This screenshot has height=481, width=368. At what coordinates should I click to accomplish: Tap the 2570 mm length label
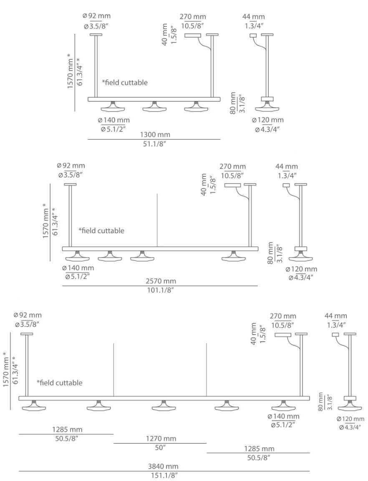pyautogui.click(x=161, y=282)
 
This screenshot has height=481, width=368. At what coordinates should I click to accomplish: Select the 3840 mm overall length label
pyautogui.click(x=164, y=466)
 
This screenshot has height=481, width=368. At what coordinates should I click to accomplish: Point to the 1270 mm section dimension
pyautogui.click(x=161, y=438)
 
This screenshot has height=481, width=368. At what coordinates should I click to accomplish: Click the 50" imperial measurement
pyautogui.click(x=160, y=447)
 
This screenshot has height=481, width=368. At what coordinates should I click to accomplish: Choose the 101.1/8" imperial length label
pyautogui.click(x=161, y=290)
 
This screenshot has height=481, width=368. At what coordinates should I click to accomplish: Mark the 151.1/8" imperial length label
pyautogui.click(x=164, y=475)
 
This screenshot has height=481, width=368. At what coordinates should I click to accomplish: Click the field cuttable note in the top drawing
pyautogui.click(x=125, y=83)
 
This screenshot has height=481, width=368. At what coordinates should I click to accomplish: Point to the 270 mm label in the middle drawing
pyautogui.click(x=233, y=167)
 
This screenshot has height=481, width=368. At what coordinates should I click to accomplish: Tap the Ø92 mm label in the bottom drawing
pyautogui.click(x=28, y=315)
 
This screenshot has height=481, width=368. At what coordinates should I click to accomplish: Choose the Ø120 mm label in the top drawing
pyautogui.click(x=267, y=120)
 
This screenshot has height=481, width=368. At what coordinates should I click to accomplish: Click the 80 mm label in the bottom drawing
pyautogui.click(x=320, y=402)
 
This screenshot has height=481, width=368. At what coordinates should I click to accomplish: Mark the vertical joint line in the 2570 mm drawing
pyautogui.click(x=157, y=220)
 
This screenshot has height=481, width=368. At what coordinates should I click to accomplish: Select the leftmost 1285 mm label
pyautogui.click(x=67, y=429)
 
